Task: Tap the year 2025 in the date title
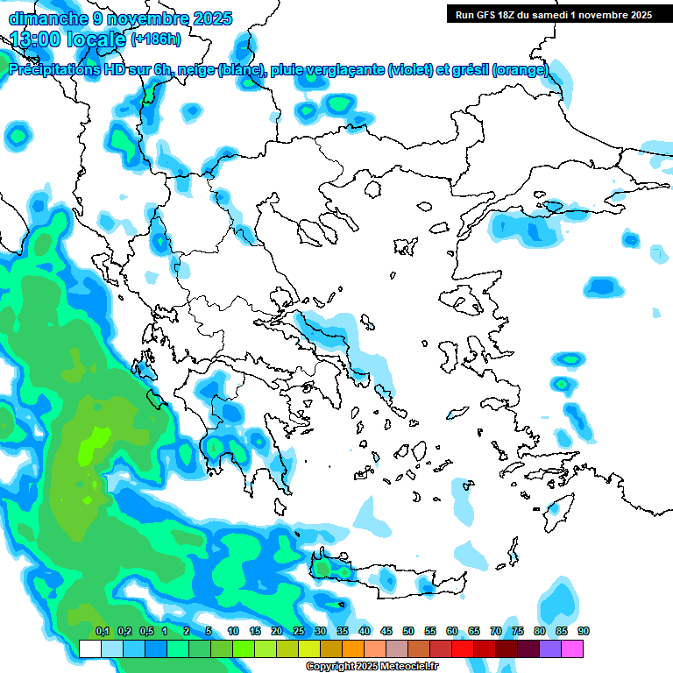(x=210, y=18)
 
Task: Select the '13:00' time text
(x=36, y=39)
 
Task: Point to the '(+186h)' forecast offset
(x=156, y=39)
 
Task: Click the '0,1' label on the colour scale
(x=102, y=632)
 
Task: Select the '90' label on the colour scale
(x=584, y=632)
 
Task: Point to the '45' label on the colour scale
(x=386, y=632)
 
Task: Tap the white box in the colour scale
(x=89, y=648)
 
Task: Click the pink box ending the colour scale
(x=572, y=648)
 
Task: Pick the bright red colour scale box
(x=463, y=648)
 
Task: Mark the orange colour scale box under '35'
(x=353, y=648)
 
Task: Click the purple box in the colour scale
(x=550, y=648)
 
